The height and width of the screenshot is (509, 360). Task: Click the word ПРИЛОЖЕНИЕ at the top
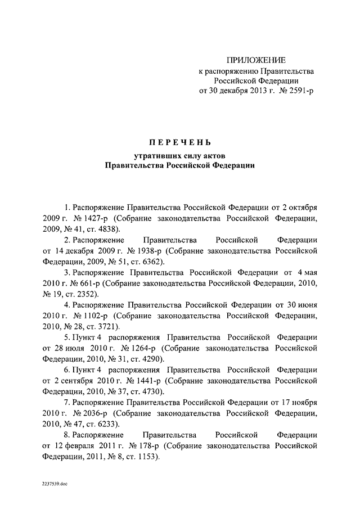click(x=256, y=60)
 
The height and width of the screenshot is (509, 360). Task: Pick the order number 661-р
click(x=87, y=283)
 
